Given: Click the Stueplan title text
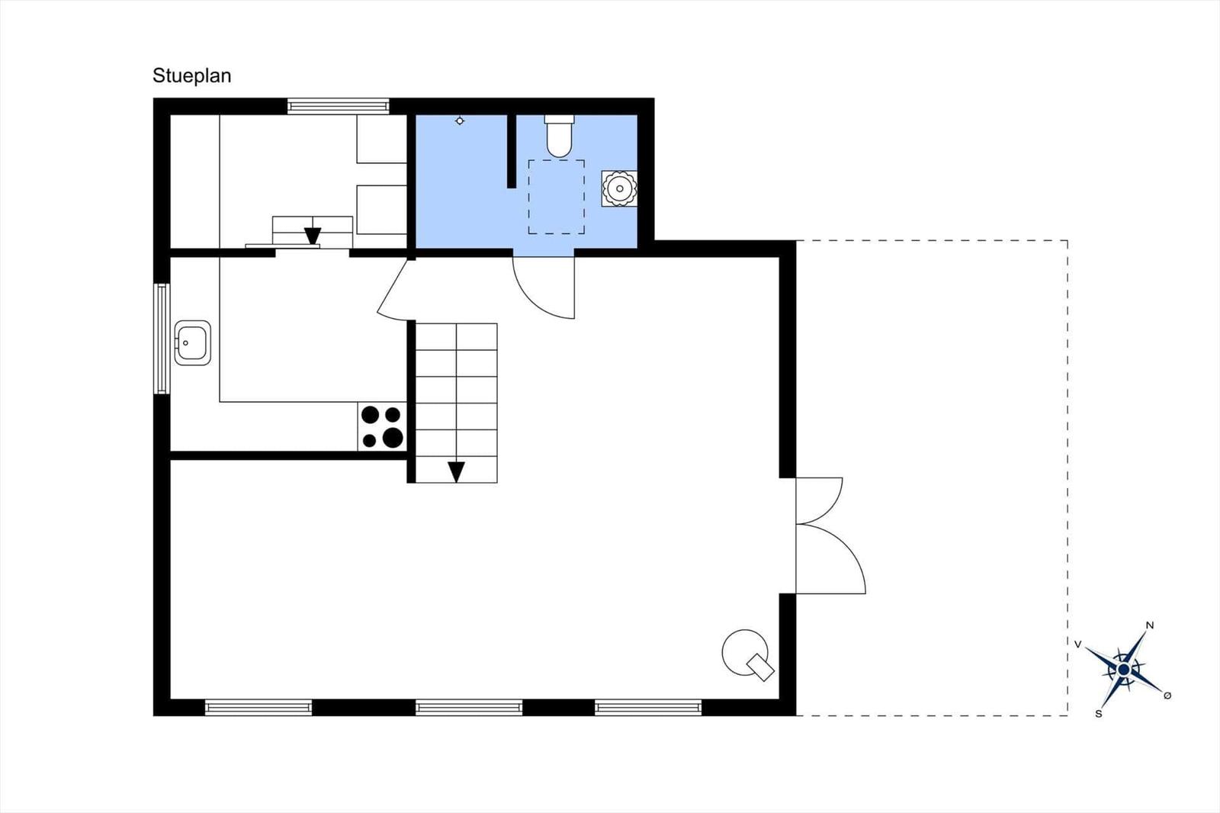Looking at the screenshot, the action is click(191, 76).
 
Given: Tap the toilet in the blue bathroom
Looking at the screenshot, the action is click(560, 136).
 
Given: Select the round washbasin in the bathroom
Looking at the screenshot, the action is click(619, 188).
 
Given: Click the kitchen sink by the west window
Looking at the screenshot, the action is click(192, 342).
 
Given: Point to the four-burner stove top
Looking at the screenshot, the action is click(382, 426).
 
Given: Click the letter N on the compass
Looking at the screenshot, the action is click(1150, 625).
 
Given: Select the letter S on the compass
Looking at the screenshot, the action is click(1099, 714).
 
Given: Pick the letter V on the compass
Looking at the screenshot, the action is click(1077, 644).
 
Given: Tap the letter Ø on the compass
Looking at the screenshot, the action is click(1167, 696).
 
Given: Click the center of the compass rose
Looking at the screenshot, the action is click(1123, 669).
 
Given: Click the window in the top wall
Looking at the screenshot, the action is click(339, 106).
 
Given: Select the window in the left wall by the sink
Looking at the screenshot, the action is click(161, 339).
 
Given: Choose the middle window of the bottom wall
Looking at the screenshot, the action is click(469, 707).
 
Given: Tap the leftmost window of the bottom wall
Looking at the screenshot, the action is click(258, 707).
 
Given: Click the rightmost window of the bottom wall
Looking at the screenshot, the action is click(648, 707).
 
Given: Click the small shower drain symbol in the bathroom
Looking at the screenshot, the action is click(460, 121).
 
